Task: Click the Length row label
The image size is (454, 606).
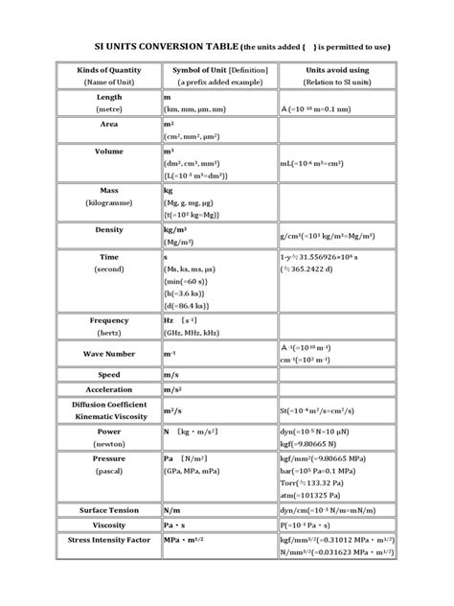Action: click(108, 98)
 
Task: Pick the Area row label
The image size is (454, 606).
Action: click(108, 125)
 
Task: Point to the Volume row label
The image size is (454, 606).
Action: click(108, 151)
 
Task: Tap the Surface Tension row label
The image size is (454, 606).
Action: click(108, 510)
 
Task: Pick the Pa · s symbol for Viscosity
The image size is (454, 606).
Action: click(179, 525)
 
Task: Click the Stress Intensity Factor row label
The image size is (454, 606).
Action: click(108, 541)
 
